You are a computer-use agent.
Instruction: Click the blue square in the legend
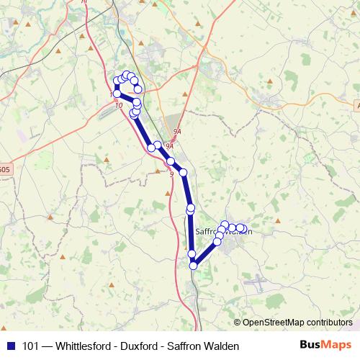point(10,346)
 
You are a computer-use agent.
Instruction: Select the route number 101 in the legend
point(31,346)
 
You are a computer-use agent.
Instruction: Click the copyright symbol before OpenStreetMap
point(238,322)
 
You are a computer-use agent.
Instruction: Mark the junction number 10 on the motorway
point(119,105)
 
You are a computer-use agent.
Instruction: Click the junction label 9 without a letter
point(171,174)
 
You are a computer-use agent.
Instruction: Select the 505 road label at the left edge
point(4,170)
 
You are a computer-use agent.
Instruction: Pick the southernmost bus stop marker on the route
point(193,266)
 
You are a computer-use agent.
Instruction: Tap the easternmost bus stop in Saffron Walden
point(243,229)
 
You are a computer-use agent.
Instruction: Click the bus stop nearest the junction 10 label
point(117,94)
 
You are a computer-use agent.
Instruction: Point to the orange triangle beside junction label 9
point(158,171)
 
